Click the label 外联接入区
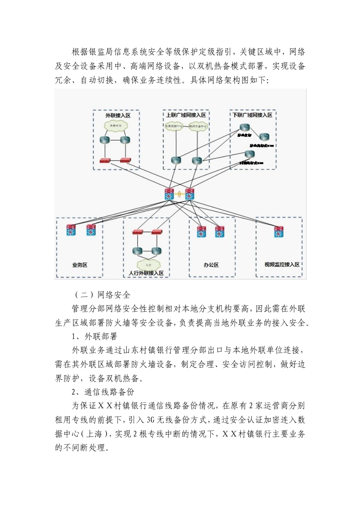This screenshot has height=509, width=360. pos(117,115)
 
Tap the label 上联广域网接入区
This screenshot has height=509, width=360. pos(185,115)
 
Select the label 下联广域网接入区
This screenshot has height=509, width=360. pos(252,115)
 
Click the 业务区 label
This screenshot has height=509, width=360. pos(80,265)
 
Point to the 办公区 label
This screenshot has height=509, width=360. pos(211,265)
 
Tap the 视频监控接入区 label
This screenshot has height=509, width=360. pos(282,264)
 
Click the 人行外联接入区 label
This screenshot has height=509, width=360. pos(146,273)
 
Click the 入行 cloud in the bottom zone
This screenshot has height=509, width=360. pos(147,264)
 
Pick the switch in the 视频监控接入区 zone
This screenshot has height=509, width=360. pos(279,231)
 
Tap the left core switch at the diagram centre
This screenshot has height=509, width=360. pos(169,194)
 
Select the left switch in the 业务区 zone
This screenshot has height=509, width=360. pos(71,230)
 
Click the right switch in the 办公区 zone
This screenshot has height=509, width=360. pos(219,231)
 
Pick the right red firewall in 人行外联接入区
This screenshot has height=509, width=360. pos(157,232)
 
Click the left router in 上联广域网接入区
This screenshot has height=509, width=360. pos(175,160)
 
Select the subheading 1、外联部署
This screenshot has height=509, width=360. pos(95,336)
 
